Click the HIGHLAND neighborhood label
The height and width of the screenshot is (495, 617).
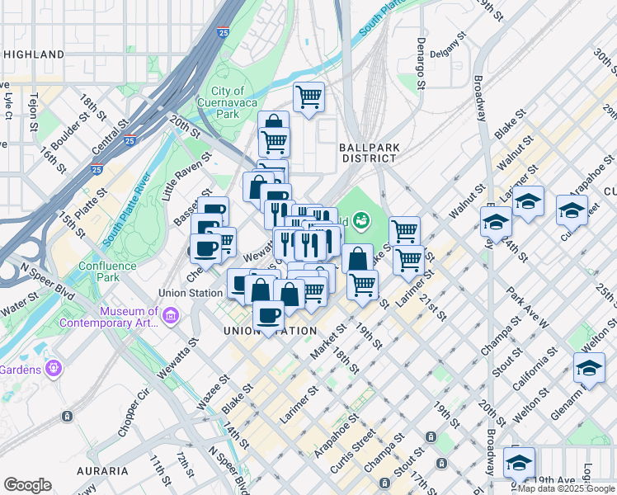coord(34,54)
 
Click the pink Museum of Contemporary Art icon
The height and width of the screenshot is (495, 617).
coord(171,315)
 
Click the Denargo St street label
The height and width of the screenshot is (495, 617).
coord(421,63)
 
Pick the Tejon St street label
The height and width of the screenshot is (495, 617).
coord(34,111)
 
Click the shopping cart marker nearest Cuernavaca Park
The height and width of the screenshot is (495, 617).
coord(308,97)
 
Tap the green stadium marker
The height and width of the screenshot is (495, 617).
coord(360,220)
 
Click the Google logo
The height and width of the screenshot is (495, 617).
coord(27,485)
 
